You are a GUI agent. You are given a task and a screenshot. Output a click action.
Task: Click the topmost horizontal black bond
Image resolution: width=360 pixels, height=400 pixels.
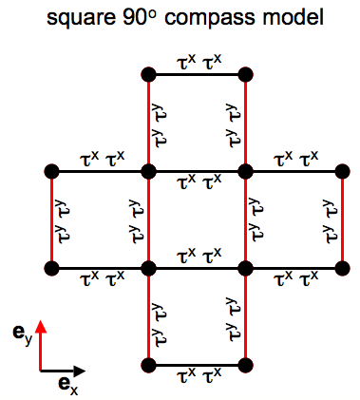point(197,73)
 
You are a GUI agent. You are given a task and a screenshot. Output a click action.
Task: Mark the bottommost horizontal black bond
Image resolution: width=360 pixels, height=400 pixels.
point(197,366)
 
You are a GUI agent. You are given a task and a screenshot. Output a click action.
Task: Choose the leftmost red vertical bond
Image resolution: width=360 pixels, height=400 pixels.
point(51,219)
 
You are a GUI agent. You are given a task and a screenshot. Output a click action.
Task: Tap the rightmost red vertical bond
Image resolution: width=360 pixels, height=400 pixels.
point(342,219)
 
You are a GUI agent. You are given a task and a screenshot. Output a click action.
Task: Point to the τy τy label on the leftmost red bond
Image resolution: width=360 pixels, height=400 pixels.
point(64,219)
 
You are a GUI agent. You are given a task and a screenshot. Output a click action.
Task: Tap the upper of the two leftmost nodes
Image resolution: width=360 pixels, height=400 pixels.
point(51,171)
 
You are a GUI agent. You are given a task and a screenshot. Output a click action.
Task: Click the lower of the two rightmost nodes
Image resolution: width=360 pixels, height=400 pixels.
point(342,268)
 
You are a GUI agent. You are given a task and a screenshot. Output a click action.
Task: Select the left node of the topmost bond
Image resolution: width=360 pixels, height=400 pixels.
point(147,73)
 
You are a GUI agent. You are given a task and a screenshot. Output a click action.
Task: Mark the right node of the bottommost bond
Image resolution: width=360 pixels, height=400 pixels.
point(246,366)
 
